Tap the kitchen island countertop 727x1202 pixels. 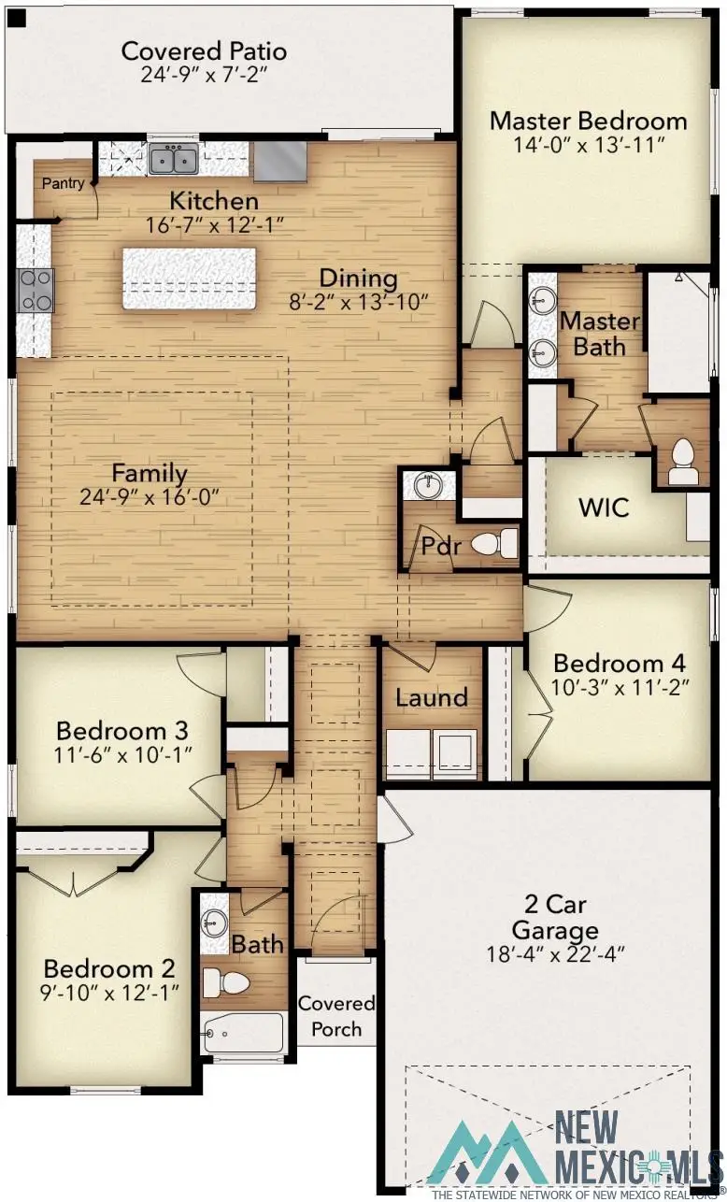pos(189,278)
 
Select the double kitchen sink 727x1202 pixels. pos(173,160)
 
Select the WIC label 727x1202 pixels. pos(604,508)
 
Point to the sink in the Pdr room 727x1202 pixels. pos(429,486)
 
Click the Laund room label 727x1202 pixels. pos(431,697)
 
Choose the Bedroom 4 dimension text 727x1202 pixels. pos(619,686)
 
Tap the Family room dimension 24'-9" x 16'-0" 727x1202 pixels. pos(150,495)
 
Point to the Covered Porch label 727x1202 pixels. pos(336,1016)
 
